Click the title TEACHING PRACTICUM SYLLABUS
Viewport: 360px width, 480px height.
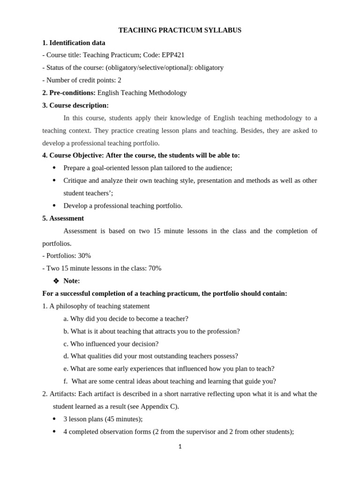click(x=180, y=30)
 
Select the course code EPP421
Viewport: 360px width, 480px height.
click(x=173, y=55)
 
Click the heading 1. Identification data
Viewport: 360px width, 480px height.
click(x=74, y=43)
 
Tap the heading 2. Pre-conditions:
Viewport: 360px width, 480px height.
click(x=69, y=93)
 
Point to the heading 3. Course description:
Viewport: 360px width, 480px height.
click(x=75, y=105)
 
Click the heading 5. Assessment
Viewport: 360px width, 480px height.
click(x=63, y=218)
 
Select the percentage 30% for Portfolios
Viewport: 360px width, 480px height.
click(x=84, y=256)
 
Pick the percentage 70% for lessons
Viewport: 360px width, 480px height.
click(x=155, y=269)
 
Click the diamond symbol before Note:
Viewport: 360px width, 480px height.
click(x=56, y=281)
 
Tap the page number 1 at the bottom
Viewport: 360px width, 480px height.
click(x=180, y=447)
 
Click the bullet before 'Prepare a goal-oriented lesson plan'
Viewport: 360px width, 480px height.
click(x=54, y=168)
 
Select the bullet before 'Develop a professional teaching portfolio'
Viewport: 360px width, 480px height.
click(x=54, y=206)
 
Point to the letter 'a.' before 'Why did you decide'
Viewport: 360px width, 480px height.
click(x=66, y=319)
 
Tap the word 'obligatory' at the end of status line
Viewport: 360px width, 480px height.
click(x=209, y=67)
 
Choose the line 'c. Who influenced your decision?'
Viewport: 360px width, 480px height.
click(x=111, y=344)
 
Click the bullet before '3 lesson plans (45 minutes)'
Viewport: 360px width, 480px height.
click(x=54, y=419)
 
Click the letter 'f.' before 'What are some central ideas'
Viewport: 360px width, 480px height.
click(x=66, y=382)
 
